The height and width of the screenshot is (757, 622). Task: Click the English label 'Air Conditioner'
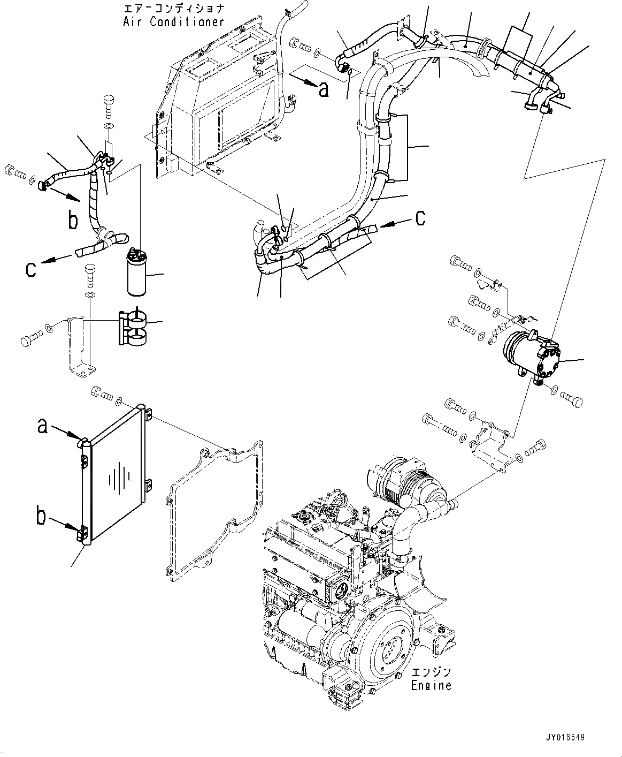(173, 22)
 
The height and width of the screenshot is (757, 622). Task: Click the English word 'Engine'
(431, 685)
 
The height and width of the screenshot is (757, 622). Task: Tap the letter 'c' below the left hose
(31, 269)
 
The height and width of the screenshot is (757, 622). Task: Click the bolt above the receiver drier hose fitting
(109, 105)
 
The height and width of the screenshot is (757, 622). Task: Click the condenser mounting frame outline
(214, 509)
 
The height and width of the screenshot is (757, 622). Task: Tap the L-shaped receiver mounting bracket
(80, 348)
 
